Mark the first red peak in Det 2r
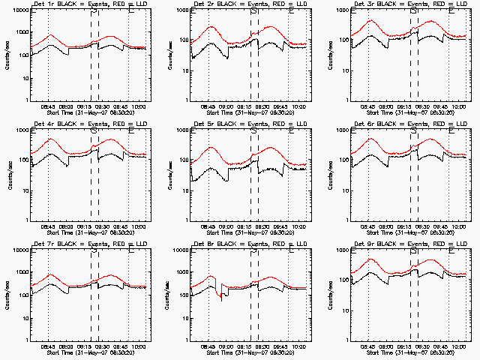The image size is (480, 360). (x=211, y=27)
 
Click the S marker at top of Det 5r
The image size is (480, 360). (x=253, y=131)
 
